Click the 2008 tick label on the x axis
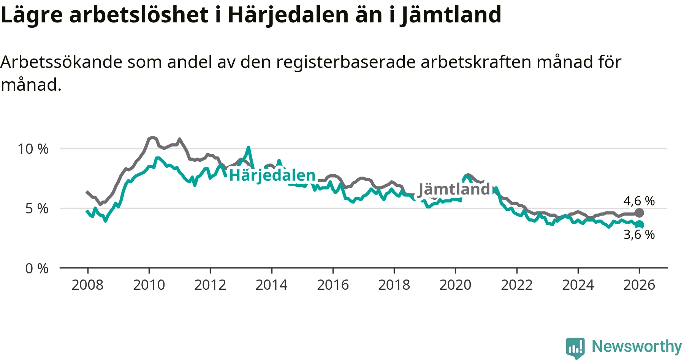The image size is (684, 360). coord(87,285)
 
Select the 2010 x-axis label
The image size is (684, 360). coord(149,285)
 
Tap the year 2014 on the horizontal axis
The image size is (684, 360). coord(271,285)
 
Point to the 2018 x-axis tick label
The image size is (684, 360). coord(394,285)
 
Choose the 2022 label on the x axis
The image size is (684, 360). coord(517,285)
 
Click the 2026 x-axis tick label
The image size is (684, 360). coord(639,285)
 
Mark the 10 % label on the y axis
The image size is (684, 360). coord(33,149)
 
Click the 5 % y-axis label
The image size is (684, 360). coord(37,208)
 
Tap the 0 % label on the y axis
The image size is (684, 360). coord(37,268)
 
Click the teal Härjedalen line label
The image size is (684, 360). coord(272,175)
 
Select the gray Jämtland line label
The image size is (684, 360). coord(454,189)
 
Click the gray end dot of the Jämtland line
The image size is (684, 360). coord(640,213)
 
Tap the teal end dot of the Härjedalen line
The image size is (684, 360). coord(640,224)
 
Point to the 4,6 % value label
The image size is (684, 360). coord(639,201)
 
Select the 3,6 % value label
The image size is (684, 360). coord(639,235)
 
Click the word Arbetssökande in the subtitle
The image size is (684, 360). coord(61,62)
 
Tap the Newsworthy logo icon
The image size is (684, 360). coord(575,347)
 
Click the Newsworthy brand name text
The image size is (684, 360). coord(637,346)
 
